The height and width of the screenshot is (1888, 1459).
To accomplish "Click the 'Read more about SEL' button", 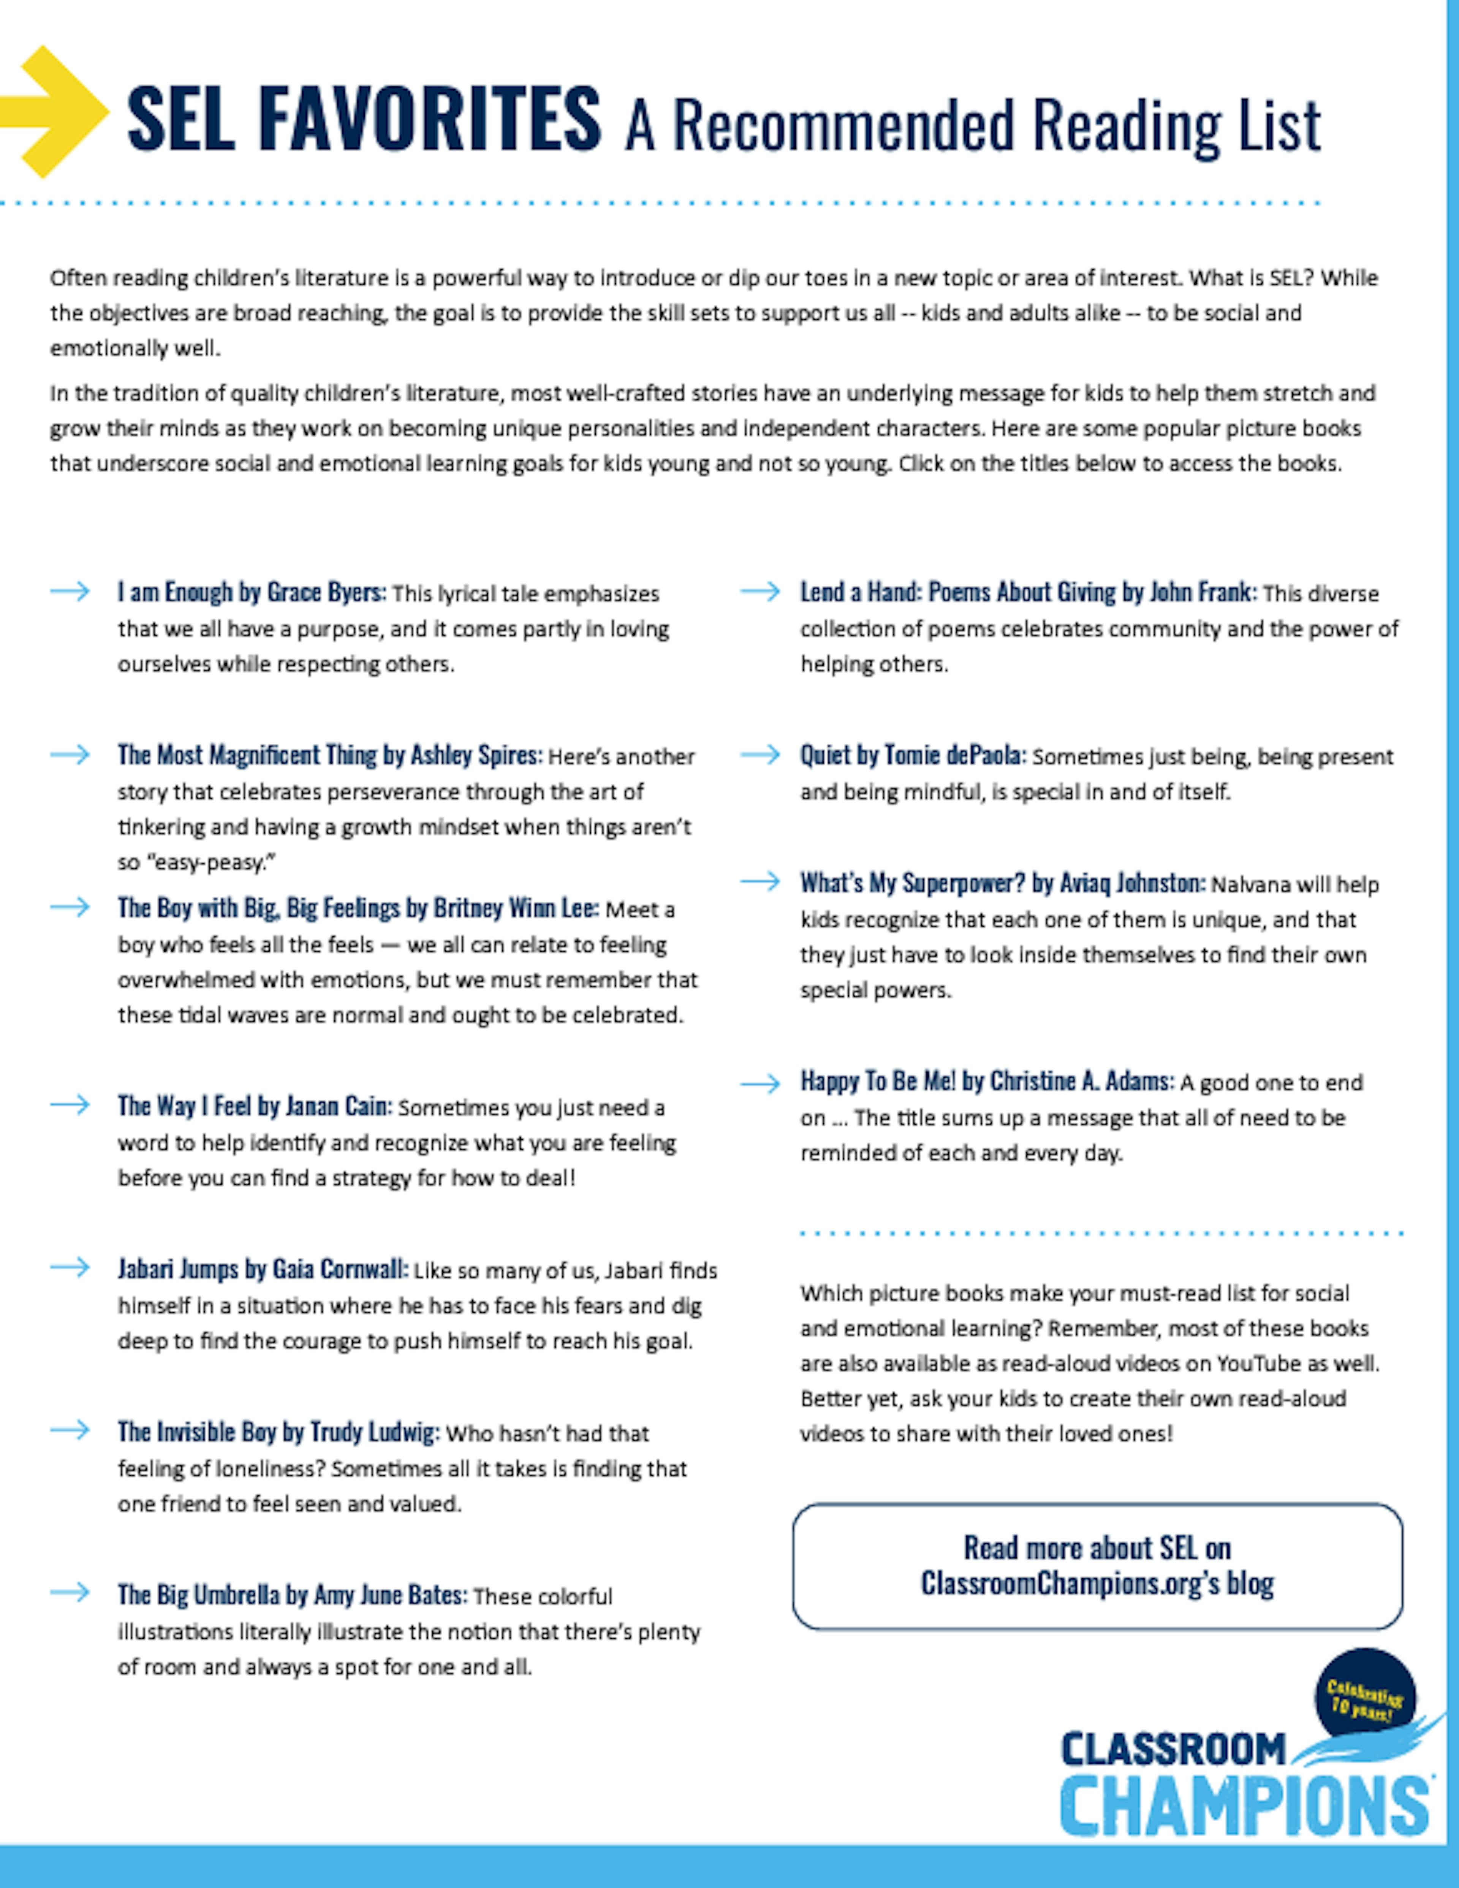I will coord(1097,1566).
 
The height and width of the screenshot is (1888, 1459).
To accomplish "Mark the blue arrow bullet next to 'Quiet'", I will coord(761,755).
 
